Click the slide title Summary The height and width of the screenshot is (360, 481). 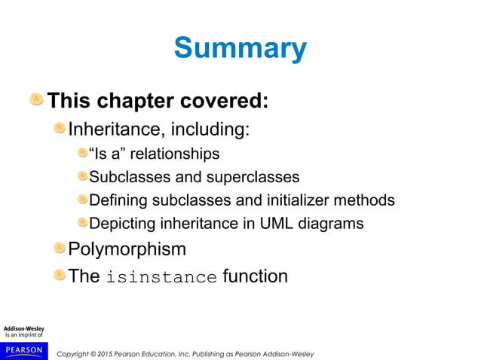[240, 49]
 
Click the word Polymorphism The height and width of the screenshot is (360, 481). [127, 249]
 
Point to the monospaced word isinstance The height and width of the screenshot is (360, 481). [161, 277]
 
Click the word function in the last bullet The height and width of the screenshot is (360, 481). [255, 276]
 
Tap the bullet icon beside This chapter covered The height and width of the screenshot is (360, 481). [36, 99]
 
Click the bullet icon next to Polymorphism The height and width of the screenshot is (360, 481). [59, 248]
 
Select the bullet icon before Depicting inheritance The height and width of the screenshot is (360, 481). [81, 223]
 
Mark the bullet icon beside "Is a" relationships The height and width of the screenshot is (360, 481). [81, 154]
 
